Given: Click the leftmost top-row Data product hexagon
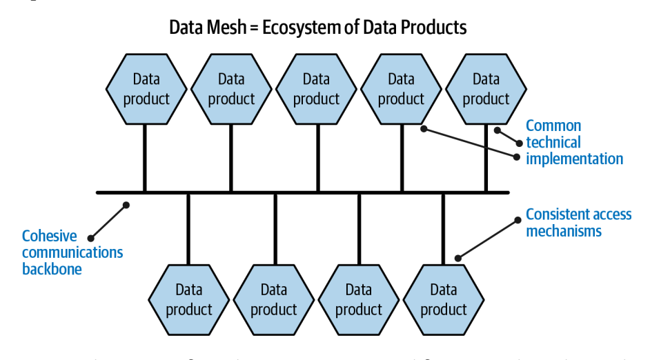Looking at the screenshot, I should (146, 90).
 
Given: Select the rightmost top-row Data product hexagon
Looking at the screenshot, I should (486, 90).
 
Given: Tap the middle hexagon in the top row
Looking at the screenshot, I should (316, 90).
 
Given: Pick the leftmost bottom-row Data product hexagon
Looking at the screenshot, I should (188, 299).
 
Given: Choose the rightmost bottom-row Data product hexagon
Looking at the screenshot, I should (443, 299).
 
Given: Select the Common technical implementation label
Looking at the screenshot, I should (574, 143).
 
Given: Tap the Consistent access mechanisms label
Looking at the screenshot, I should (578, 222).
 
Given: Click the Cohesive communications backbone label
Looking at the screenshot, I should (72, 252).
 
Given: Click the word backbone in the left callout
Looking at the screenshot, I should (52, 268).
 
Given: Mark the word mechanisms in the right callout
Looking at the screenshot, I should (564, 230).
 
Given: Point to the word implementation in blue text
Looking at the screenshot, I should (574, 159).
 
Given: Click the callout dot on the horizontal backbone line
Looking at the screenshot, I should (126, 204).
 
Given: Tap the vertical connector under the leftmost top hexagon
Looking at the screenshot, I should (145, 159).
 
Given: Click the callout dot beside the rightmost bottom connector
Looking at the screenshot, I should (457, 259).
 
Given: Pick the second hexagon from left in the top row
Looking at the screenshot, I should (231, 90).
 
